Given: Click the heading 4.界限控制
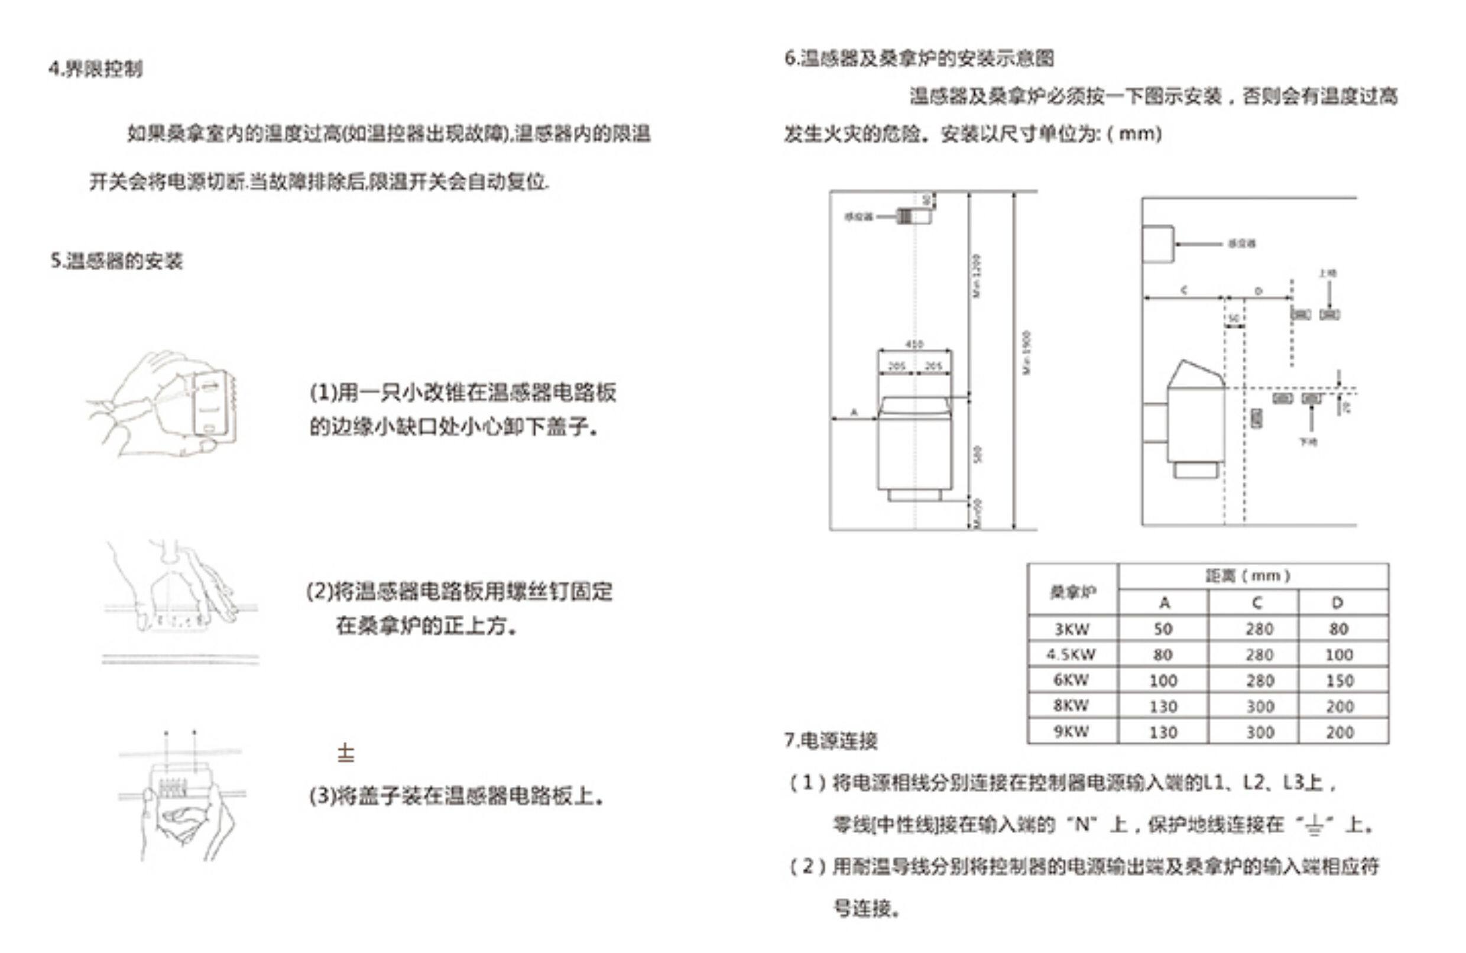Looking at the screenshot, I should click(x=96, y=69).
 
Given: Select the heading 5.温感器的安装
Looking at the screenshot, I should click(x=116, y=261).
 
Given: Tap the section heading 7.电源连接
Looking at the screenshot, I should click(x=831, y=740).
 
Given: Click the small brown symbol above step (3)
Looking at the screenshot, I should click(x=346, y=753).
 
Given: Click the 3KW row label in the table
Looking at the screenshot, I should click(x=1072, y=629).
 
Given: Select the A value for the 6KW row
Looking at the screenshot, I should click(x=1163, y=680).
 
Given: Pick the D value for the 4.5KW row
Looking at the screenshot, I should click(x=1338, y=654).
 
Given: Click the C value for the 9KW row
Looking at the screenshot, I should click(x=1260, y=732).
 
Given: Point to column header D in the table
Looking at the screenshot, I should click(x=1337, y=602).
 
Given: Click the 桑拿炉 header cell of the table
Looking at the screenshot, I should click(x=1072, y=592).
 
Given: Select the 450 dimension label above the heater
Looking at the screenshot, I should click(x=914, y=344).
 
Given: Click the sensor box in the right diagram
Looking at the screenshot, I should click(x=1157, y=244).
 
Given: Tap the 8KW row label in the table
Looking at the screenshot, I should click(x=1071, y=705).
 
